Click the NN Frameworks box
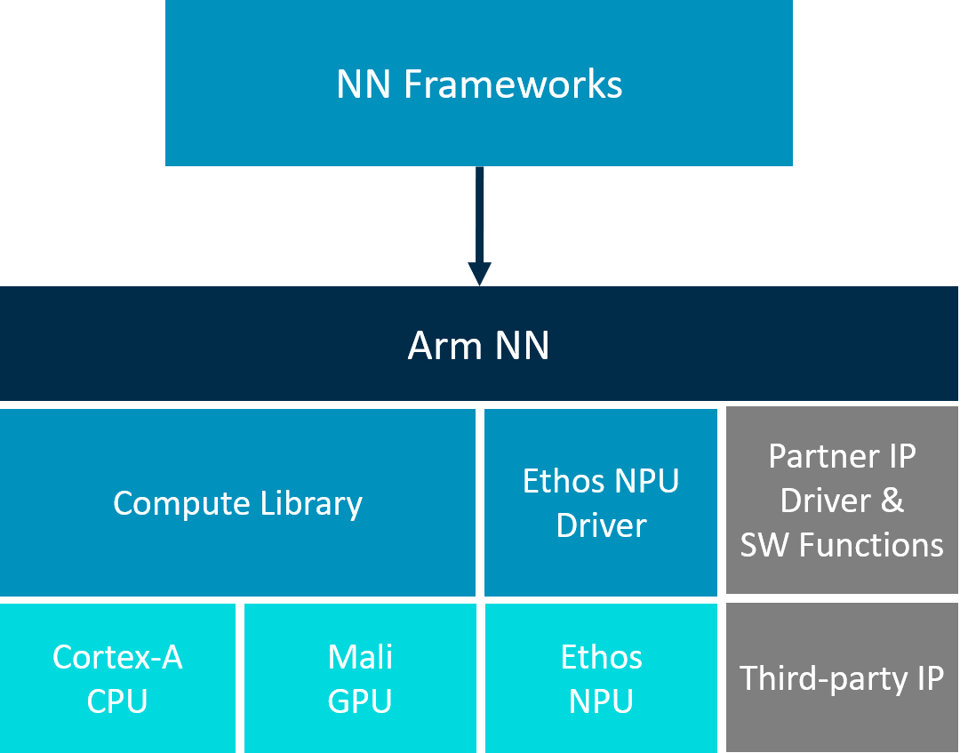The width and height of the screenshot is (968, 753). coord(478,83)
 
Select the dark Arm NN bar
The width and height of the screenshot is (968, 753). coord(478,345)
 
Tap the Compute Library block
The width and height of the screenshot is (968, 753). coord(237,503)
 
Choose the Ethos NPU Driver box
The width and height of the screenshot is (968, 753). coord(601,503)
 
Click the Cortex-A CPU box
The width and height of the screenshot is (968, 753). coord(117,679)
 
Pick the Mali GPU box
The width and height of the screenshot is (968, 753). coord(360,679)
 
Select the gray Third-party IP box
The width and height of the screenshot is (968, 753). coord(842,678)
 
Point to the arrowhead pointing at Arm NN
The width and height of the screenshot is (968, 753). coord(479,274)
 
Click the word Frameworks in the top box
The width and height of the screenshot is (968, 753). coord(513,84)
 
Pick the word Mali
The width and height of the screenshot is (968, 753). coord(360,658)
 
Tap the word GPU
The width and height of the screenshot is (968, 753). coord(360,701)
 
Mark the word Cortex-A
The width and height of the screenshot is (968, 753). coord(117,658)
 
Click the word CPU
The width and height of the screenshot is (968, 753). coord(117,701)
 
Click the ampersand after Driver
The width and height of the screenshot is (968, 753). coord(892,501)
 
